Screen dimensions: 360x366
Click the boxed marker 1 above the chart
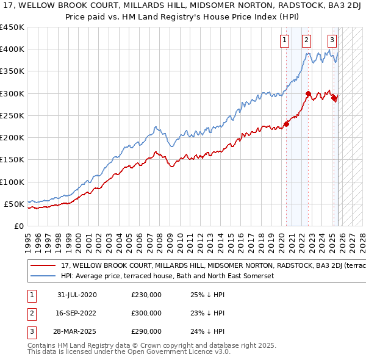pos(285,41)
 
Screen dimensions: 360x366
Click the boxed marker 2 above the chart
pos(306,41)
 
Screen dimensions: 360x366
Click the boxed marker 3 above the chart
pos(332,41)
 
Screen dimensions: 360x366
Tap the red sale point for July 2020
pos(286,124)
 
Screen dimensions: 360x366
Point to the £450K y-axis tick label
pos(12,27)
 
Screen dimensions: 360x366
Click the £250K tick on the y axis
pos(12,115)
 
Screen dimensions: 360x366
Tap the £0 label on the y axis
pos(20,226)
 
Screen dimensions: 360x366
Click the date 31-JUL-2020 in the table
pos(77,295)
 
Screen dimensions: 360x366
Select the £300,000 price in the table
pos(146,313)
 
